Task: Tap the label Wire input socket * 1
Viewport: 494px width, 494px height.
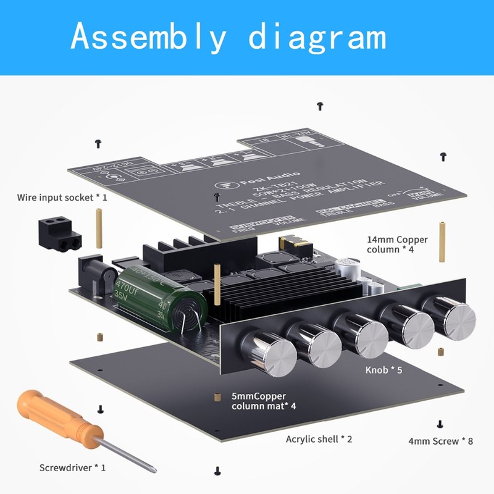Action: [62, 198]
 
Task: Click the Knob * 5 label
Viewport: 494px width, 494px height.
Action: [383, 370]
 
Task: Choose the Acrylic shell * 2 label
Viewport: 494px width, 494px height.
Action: [319, 439]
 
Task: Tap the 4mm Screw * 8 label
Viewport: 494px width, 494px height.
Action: [441, 441]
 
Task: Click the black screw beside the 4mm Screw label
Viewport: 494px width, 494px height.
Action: [439, 424]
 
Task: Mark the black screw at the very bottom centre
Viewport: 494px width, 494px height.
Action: [217, 471]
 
